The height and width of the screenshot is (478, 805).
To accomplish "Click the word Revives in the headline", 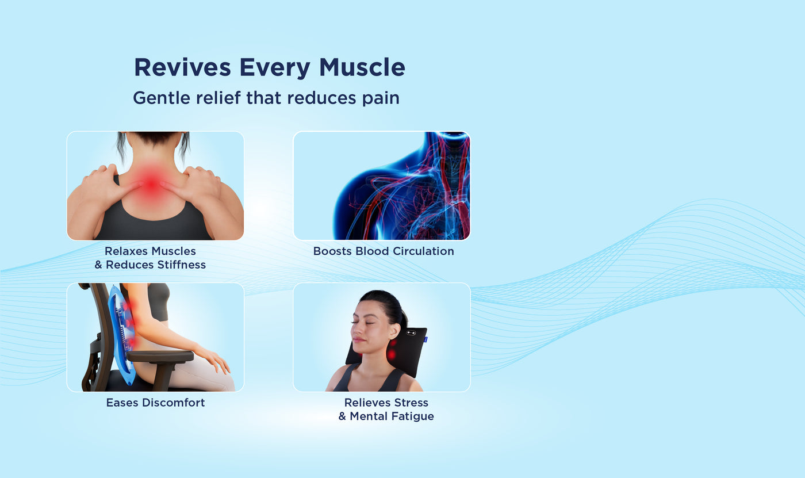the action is pos(182,67).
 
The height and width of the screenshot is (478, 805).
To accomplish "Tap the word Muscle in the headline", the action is pos(362,67).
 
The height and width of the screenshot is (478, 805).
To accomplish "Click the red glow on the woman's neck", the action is pos(152,184).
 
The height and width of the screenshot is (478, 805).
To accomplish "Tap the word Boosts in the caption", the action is pos(333,251).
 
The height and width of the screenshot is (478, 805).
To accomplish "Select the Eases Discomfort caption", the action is pos(156,403).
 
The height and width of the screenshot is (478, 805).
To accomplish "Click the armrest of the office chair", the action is pos(160,357).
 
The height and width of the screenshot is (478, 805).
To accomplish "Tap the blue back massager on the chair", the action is pos(122,334).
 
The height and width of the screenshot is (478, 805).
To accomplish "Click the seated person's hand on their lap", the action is pos(216,361).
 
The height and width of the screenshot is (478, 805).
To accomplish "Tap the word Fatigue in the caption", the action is pos(413,416).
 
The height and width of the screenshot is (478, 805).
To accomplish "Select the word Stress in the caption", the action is pos(411,403).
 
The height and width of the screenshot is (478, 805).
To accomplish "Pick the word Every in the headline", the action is pos(275,67).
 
